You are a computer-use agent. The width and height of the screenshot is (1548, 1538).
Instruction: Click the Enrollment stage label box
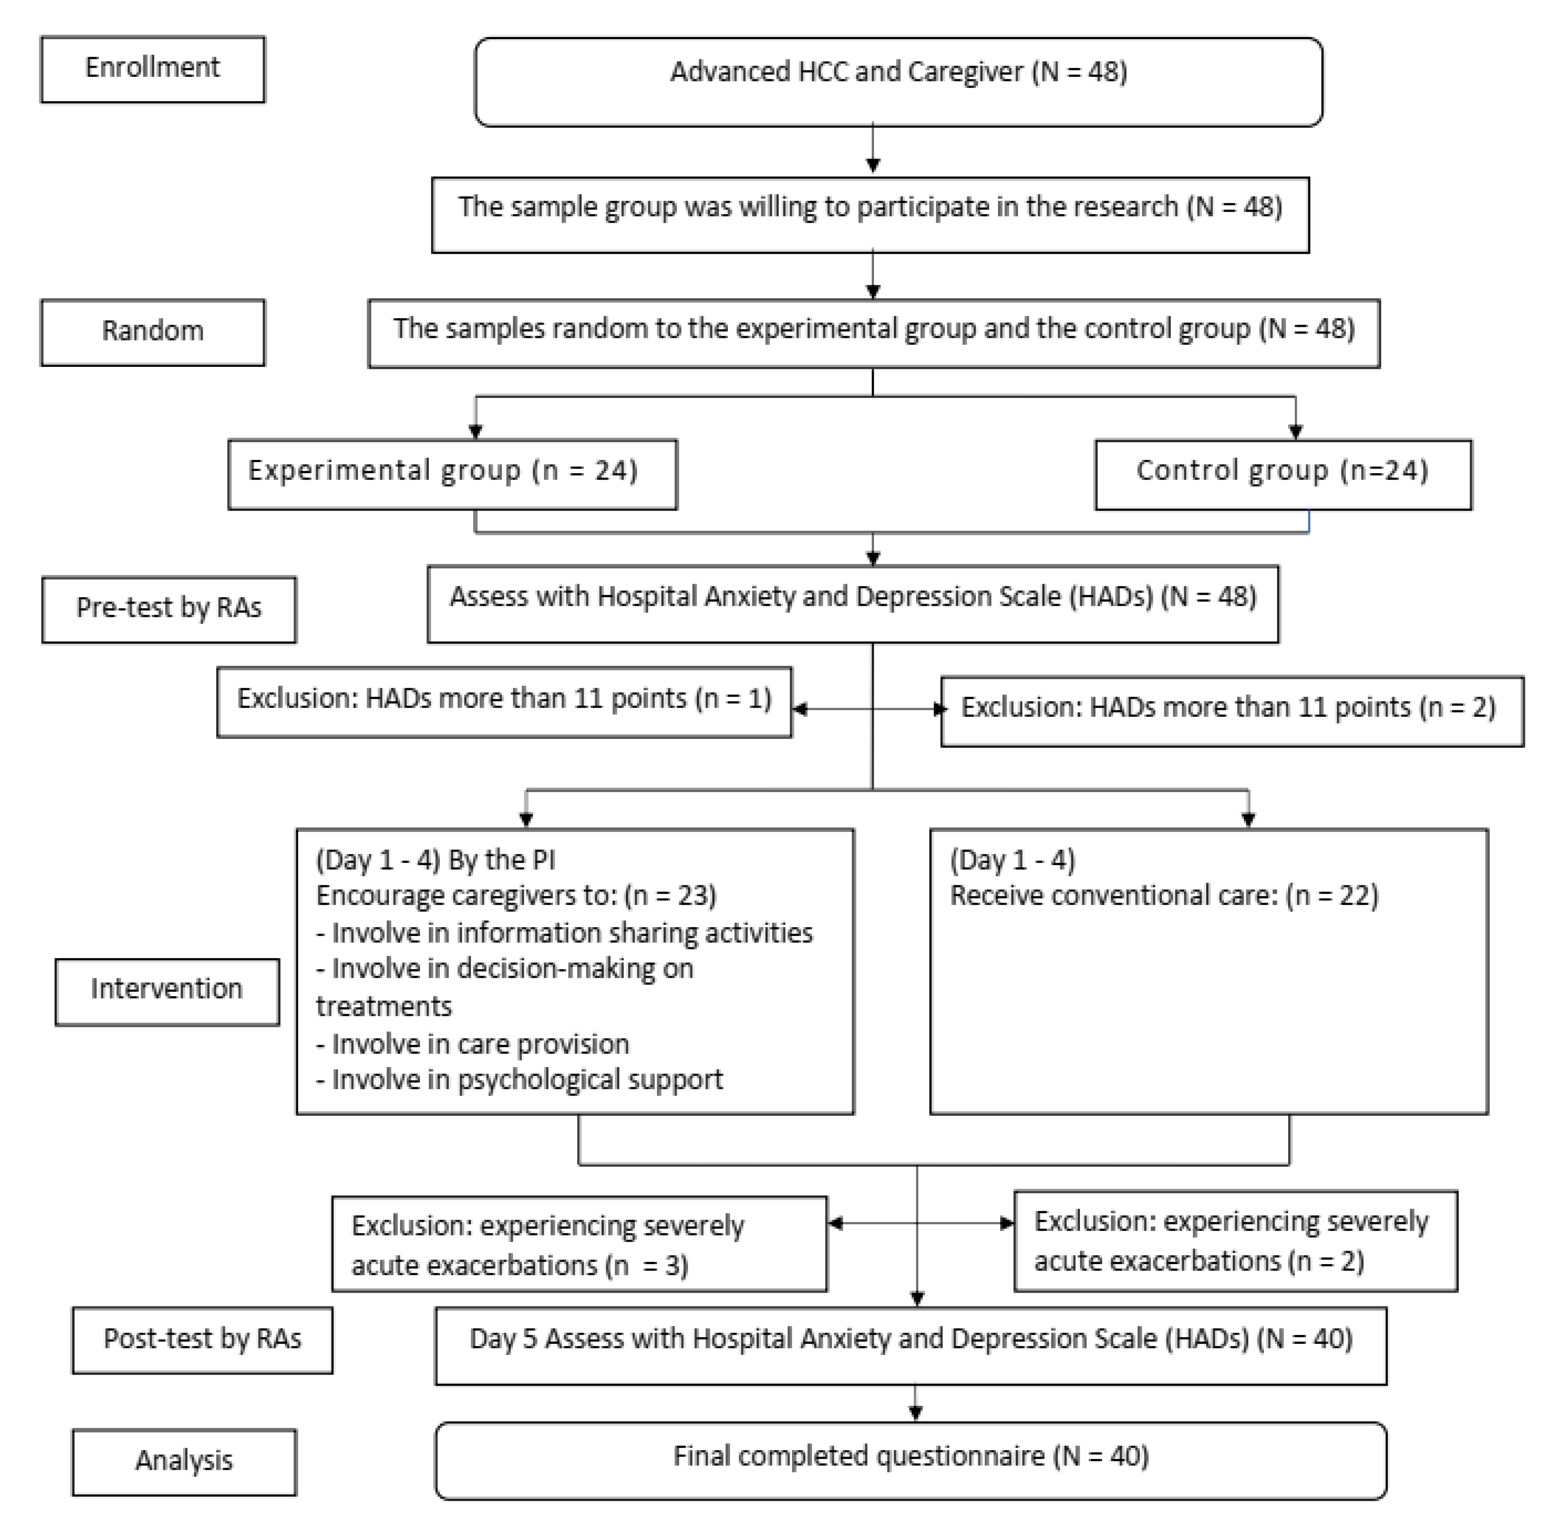point(152,69)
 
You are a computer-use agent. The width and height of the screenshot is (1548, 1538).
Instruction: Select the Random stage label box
point(152,332)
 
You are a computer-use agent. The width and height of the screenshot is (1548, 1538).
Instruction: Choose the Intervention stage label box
point(167,991)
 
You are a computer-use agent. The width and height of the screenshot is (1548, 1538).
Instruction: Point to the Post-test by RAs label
point(202,1340)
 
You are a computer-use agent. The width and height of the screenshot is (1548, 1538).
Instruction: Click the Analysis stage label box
point(183,1462)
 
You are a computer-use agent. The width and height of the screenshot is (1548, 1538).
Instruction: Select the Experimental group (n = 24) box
point(452,474)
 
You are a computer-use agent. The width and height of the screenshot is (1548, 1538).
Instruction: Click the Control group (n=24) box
point(1282,474)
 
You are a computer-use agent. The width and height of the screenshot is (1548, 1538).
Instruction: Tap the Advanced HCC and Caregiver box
point(898,81)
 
